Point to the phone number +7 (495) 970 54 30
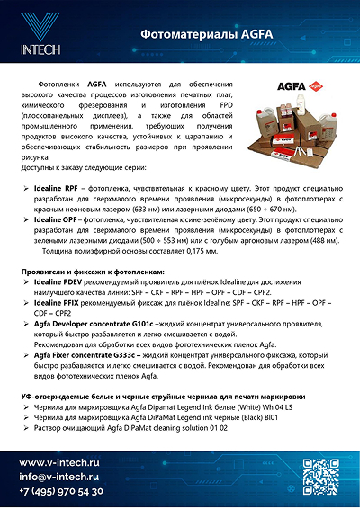pyautogui.click(x=62, y=491)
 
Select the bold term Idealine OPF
pyautogui.click(x=56, y=219)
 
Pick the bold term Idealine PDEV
pyautogui.click(x=59, y=282)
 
